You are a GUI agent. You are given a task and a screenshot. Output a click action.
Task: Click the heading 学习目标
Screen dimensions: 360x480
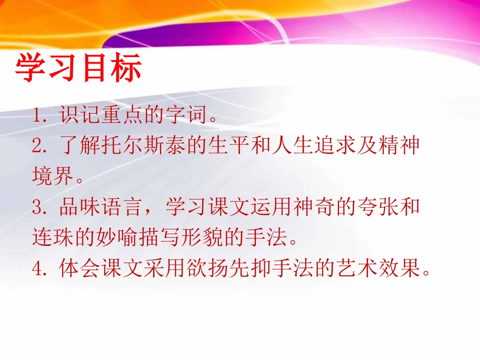click(78, 69)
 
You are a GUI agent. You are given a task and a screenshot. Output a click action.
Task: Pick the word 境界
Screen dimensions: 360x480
click(51, 177)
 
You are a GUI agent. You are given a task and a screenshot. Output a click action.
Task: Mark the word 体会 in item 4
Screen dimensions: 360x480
click(79, 269)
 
